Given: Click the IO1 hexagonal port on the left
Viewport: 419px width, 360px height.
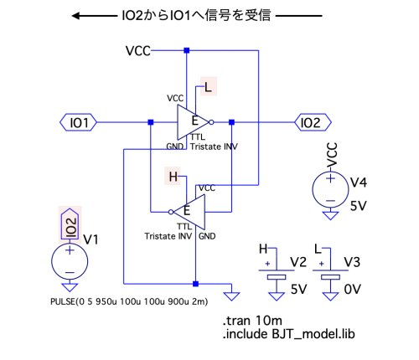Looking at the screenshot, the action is (78, 122).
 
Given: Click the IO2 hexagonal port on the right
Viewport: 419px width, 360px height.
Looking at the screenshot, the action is (313, 122).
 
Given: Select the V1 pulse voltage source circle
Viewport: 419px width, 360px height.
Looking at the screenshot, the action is (70, 261).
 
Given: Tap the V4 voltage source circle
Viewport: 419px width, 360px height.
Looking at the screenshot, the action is (330, 190).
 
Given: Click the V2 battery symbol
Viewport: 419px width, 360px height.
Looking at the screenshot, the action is (277, 274).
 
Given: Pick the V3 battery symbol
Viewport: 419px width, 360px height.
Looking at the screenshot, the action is (330, 274).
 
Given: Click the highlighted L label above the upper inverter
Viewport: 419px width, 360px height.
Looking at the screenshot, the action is (208, 87).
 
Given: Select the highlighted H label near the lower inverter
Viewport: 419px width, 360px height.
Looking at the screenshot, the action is (173, 177).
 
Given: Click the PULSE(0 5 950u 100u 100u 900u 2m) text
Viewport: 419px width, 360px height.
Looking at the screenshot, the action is (129, 301).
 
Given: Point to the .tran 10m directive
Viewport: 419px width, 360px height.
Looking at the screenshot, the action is (252, 321).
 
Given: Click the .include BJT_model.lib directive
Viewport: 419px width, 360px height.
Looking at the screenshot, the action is (288, 334).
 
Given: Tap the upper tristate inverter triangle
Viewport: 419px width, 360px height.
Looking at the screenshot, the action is (193, 122).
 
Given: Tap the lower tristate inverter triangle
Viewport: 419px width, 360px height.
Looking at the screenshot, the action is (189, 212).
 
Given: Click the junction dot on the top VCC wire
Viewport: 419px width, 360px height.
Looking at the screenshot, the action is (187, 50).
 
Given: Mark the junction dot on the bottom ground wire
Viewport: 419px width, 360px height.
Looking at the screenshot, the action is (195, 284).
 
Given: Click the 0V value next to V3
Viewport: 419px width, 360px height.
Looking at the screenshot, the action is (352, 290).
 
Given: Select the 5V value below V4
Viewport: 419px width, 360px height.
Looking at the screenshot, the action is (359, 206).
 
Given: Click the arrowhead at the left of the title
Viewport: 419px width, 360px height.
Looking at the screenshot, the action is (76, 16).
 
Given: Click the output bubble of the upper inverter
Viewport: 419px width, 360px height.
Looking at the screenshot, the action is (211, 122).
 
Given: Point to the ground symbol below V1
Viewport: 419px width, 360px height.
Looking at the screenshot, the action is (70, 287).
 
